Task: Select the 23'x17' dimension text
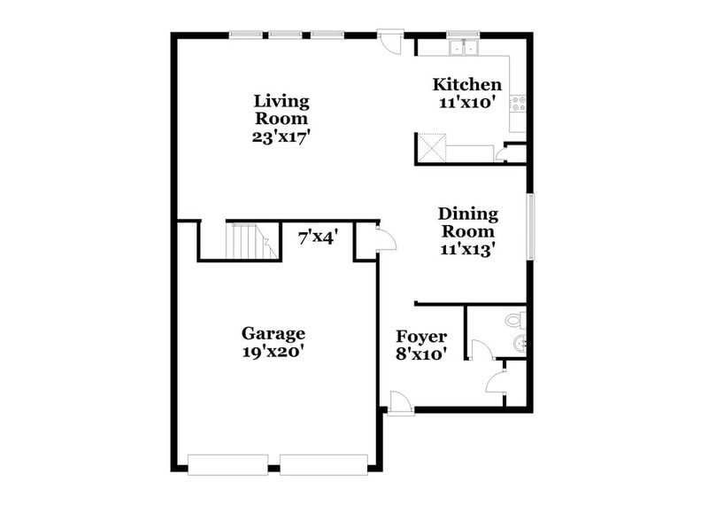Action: [281, 137]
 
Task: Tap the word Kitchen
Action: [466, 85]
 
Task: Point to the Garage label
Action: [273, 333]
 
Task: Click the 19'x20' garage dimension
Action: [273, 351]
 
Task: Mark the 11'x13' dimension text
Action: [467, 249]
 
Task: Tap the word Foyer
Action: [420, 337]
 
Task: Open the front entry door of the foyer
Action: [399, 402]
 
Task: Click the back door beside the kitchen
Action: [389, 43]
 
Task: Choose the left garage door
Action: [227, 464]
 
